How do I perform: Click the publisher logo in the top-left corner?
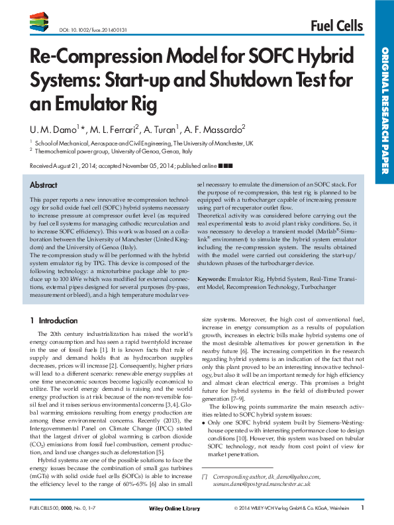(x=38, y=24)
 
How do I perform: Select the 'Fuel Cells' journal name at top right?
(x=336, y=26)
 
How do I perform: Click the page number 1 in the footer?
(x=362, y=508)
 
